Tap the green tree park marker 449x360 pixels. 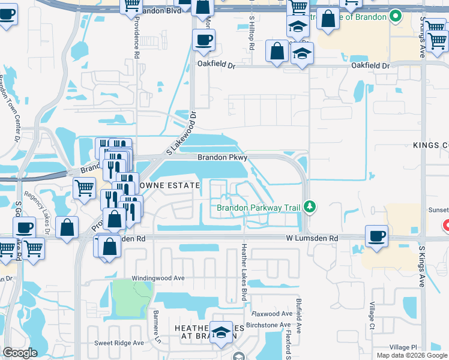click(x=310, y=208)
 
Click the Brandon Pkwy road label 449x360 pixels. click(x=223, y=157)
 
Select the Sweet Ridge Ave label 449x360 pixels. click(x=119, y=343)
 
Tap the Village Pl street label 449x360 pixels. click(x=402, y=347)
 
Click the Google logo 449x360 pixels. click(x=20, y=353)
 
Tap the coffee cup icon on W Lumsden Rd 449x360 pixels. click(x=376, y=236)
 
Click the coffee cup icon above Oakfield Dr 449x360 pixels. click(x=203, y=40)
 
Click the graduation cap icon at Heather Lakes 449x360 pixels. click(x=221, y=334)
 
